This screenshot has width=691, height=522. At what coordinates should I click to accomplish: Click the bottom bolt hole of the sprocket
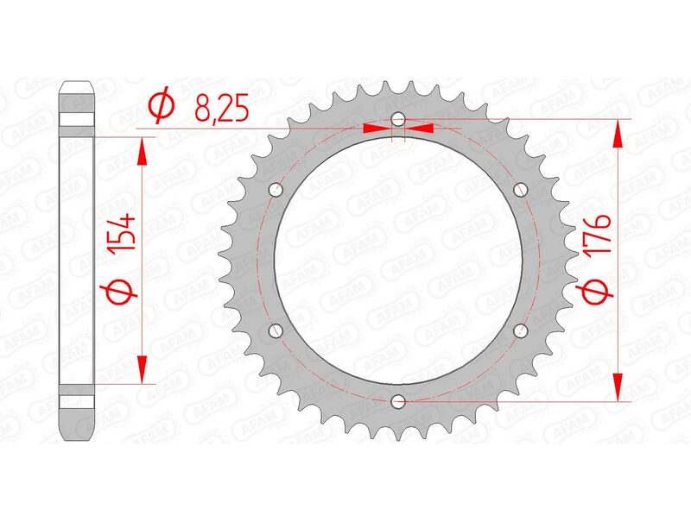397,400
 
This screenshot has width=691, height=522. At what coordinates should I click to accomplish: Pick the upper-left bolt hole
276,189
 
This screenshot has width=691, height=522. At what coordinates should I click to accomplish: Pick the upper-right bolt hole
519,189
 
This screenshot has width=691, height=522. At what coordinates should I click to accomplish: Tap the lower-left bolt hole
276,330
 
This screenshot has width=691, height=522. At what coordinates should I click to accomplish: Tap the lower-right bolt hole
519,330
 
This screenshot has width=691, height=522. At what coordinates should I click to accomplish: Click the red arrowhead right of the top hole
421,129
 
